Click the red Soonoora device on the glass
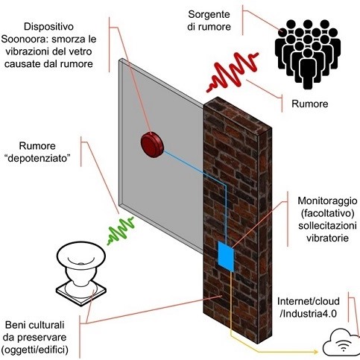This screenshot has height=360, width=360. pyautogui.click(x=152, y=145)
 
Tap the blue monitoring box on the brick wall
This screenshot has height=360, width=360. pyautogui.click(x=226, y=256)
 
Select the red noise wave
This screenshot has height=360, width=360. pyautogui.click(x=233, y=72)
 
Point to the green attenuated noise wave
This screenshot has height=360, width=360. pyautogui.click(x=121, y=231)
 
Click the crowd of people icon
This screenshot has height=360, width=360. pyautogui.click(x=308, y=54)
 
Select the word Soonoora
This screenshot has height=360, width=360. pyautogui.click(x=20, y=40)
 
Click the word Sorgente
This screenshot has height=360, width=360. pyautogui.click(x=209, y=15)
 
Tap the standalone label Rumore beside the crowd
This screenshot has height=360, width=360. pyautogui.click(x=310, y=104)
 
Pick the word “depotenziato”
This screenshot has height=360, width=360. pyautogui.click(x=37, y=159)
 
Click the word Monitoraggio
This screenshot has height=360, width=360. pyautogui.click(x=327, y=201)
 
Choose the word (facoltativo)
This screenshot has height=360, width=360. pyautogui.click(x=327, y=213)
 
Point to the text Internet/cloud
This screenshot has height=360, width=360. pyautogui.click(x=309, y=301)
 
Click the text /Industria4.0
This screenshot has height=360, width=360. pyautogui.click(x=308, y=314)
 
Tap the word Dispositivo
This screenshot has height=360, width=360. pyautogui.click(x=48, y=27)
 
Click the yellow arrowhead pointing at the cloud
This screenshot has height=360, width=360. pyautogui.click(x=315, y=352)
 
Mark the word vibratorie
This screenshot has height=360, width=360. pyautogui.click(x=327, y=239)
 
